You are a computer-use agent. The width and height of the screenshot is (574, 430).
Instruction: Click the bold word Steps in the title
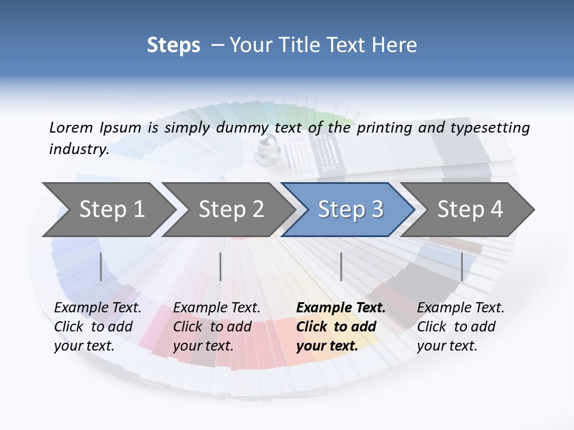click(173, 45)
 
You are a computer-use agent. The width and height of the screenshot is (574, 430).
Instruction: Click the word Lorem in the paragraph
click(71, 127)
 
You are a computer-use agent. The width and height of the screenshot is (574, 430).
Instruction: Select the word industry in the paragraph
click(79, 149)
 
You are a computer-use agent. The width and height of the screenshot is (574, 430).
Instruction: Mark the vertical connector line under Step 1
click(101, 266)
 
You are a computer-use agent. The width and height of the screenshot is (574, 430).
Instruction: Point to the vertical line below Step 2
click(221, 266)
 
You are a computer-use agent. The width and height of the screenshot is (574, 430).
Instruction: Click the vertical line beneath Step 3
click(341, 266)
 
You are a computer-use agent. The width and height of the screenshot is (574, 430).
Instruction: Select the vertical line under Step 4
click(462, 266)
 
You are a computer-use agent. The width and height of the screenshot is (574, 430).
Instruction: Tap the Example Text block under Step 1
click(97, 327)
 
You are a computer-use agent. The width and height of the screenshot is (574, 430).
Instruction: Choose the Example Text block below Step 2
click(216, 327)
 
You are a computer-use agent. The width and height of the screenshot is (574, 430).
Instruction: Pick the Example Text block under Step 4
click(460, 327)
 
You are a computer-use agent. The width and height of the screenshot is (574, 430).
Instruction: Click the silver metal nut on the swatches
click(265, 149)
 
